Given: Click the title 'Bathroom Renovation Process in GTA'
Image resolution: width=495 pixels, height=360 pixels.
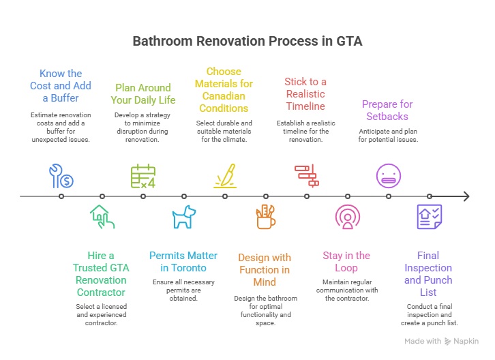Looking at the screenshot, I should (x=247, y=41).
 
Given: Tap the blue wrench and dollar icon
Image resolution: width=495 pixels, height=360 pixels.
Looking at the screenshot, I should (x=61, y=176).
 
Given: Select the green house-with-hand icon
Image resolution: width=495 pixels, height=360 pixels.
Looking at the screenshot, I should (x=102, y=217).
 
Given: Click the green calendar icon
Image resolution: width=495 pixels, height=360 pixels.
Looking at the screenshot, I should (x=143, y=176).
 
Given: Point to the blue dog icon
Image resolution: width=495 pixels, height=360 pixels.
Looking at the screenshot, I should (x=183, y=217).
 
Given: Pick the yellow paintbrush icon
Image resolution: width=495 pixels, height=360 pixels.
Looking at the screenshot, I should (x=225, y=176).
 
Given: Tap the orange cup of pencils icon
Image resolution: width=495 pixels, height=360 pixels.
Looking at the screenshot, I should (x=265, y=217).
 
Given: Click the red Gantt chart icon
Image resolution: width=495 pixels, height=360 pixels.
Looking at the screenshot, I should (x=306, y=175).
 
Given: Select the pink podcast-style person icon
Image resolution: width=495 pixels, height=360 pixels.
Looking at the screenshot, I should (x=347, y=217).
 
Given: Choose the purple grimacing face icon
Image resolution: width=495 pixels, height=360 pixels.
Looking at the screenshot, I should (x=388, y=175).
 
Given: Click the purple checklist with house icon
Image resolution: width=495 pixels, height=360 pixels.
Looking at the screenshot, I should (x=429, y=217).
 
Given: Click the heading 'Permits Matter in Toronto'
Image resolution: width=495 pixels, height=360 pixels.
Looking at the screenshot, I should (x=183, y=262).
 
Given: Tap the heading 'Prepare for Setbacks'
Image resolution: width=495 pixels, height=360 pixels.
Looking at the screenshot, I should (x=387, y=110).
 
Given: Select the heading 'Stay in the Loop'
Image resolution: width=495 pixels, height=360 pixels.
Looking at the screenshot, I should (x=346, y=262).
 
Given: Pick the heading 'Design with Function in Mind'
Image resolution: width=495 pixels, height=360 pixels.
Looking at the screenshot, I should (x=265, y=269).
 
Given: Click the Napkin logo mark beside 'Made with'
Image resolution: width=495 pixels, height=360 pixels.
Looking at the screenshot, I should (x=448, y=341).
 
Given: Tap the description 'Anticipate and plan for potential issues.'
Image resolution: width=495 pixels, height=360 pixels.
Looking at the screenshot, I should (x=388, y=134).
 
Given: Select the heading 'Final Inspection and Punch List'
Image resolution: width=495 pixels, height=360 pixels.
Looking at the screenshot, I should (x=428, y=273).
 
